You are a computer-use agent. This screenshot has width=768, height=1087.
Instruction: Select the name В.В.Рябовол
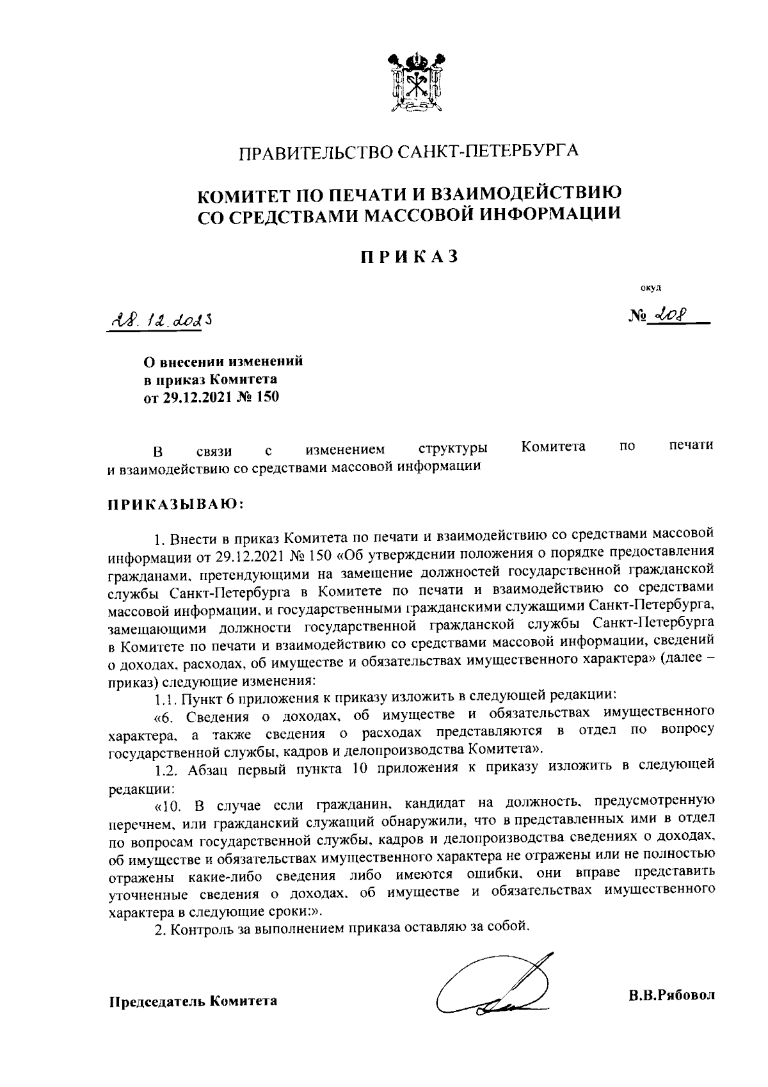[671, 995]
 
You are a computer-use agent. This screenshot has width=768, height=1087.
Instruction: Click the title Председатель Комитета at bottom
[192, 1001]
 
